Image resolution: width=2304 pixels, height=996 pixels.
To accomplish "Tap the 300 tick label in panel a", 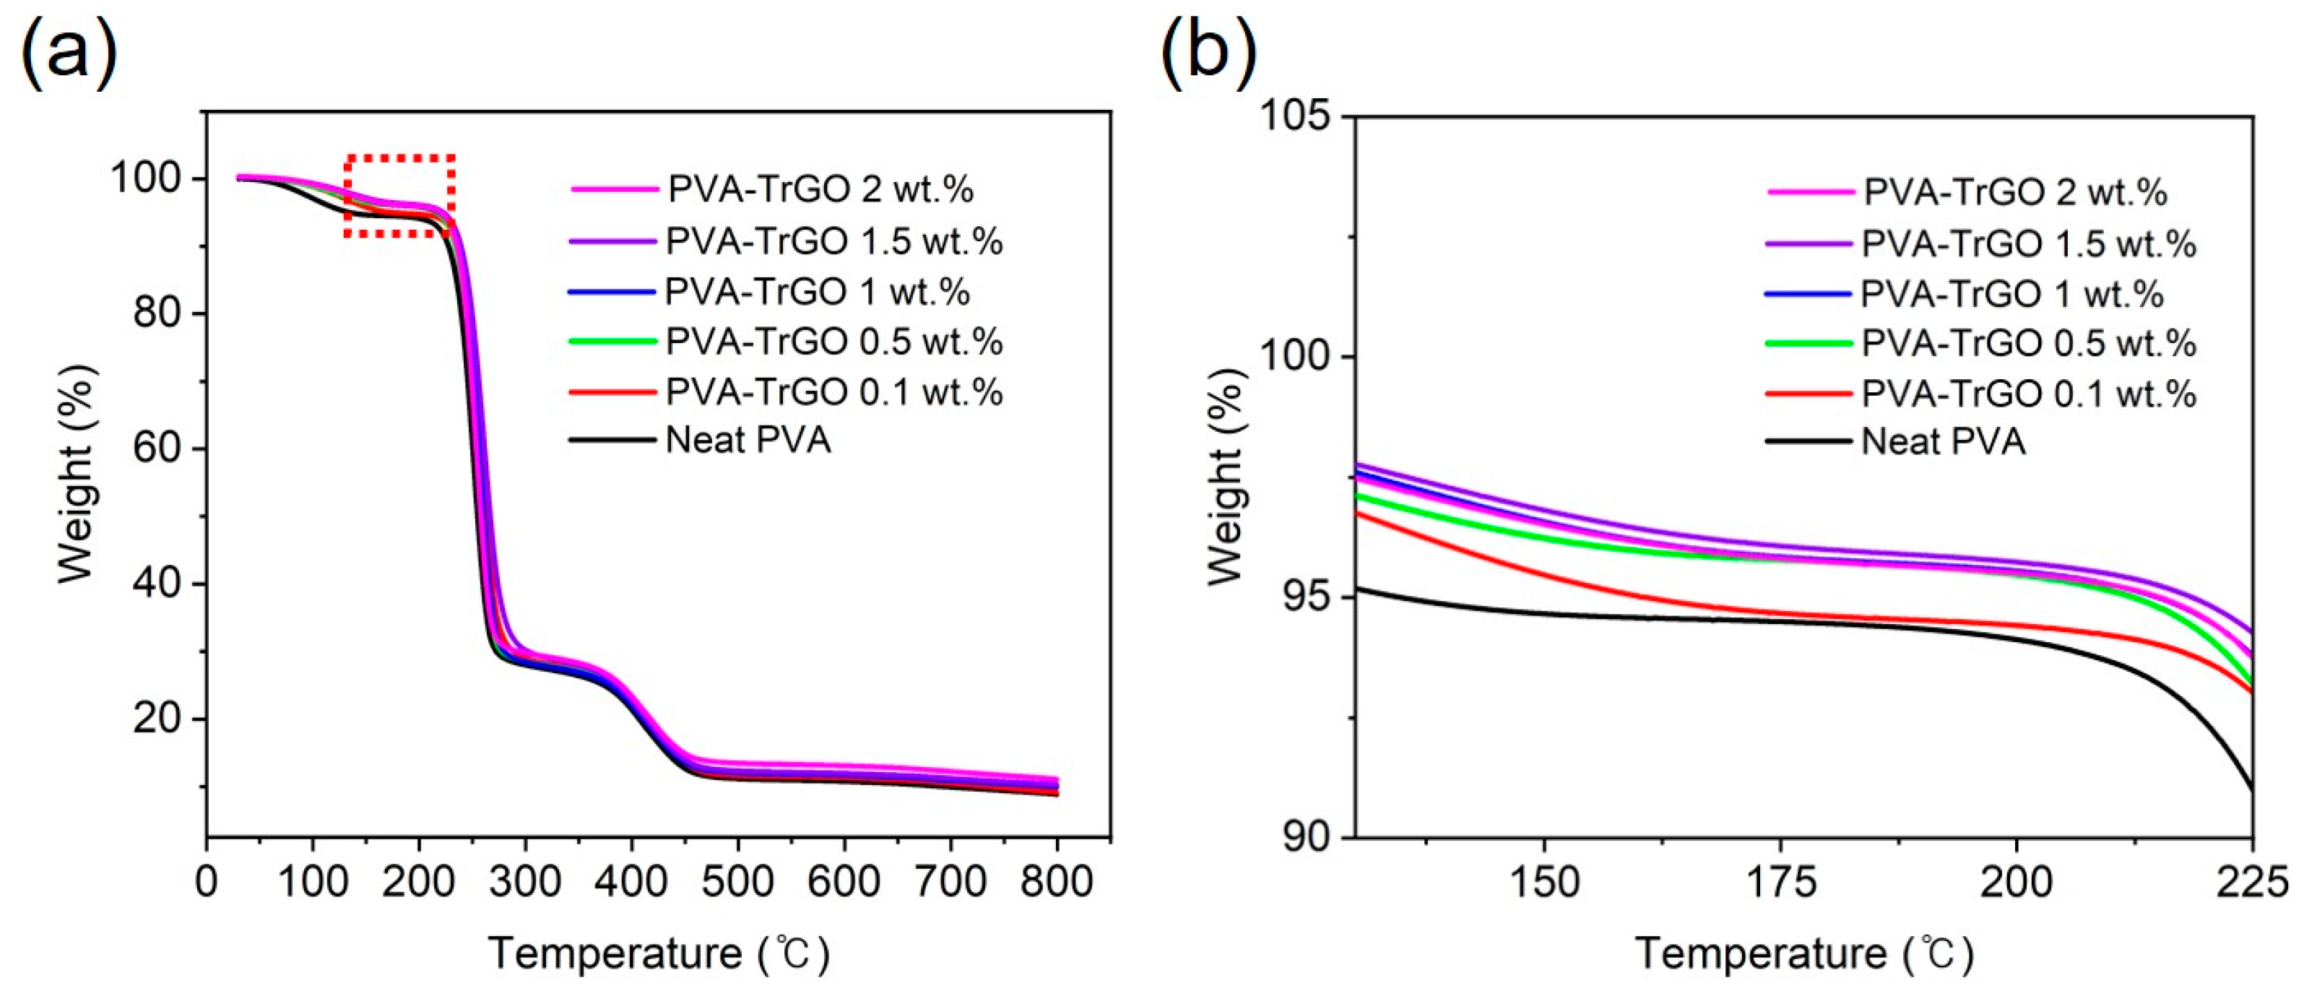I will tap(525, 883).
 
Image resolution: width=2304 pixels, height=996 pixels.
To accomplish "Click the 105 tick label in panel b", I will tap(1294, 116).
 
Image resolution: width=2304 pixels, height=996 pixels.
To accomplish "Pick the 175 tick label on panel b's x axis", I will tap(1780, 883).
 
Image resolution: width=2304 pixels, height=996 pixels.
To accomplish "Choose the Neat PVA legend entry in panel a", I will tap(748, 440).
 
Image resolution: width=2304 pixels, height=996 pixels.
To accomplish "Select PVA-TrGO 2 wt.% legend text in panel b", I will tap(2015, 192).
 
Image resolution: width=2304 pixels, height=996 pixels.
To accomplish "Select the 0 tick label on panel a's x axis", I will tap(207, 883).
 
